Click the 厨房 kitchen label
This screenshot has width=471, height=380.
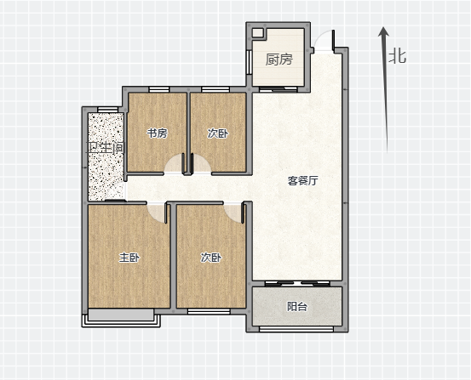tap(279, 60)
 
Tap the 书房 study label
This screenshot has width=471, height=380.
tap(157, 133)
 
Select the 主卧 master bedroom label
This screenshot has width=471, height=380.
tap(129, 258)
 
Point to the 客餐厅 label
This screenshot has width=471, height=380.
tap(302, 180)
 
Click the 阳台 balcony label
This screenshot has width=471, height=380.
tap(297, 307)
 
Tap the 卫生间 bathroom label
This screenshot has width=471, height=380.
tap(106, 148)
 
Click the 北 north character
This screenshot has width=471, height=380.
tap(398, 56)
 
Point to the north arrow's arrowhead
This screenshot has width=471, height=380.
tap(383, 31)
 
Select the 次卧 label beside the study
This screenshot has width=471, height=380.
tap(218, 133)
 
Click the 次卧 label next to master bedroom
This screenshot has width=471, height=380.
tap(211, 258)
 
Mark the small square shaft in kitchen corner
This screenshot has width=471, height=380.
tap(257, 33)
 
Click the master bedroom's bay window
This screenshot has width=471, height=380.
tap(121, 320)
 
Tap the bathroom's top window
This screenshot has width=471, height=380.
tap(108, 110)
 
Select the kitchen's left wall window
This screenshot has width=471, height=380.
tap(249, 62)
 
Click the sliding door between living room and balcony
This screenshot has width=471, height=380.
tap(297, 283)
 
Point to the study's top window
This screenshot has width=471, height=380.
tap(159, 89)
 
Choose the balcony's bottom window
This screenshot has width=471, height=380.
tap(296, 329)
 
